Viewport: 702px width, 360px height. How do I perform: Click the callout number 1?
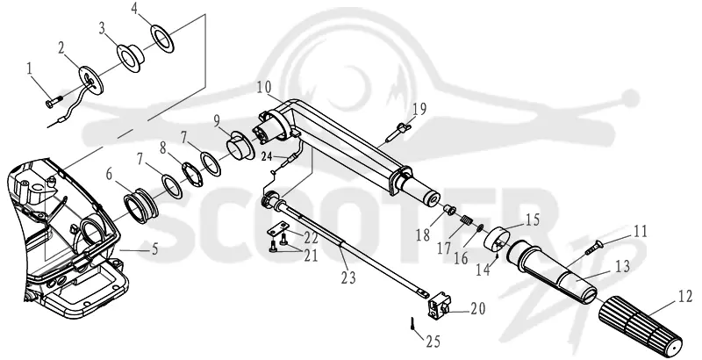tap(30, 69)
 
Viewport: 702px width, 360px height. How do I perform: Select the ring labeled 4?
tap(162, 39)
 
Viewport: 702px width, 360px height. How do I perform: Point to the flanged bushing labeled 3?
tap(130, 57)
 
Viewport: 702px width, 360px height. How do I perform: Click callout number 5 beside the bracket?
tap(155, 249)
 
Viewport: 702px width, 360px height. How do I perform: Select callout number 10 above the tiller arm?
tap(264, 87)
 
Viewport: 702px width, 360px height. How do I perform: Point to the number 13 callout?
tap(622, 266)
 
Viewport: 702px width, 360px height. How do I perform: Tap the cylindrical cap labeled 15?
tap(498, 240)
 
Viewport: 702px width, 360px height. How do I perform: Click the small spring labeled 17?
tap(467, 220)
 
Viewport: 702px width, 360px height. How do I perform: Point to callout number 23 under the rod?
tap(348, 278)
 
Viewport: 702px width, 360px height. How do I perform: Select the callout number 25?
tap(433, 342)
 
